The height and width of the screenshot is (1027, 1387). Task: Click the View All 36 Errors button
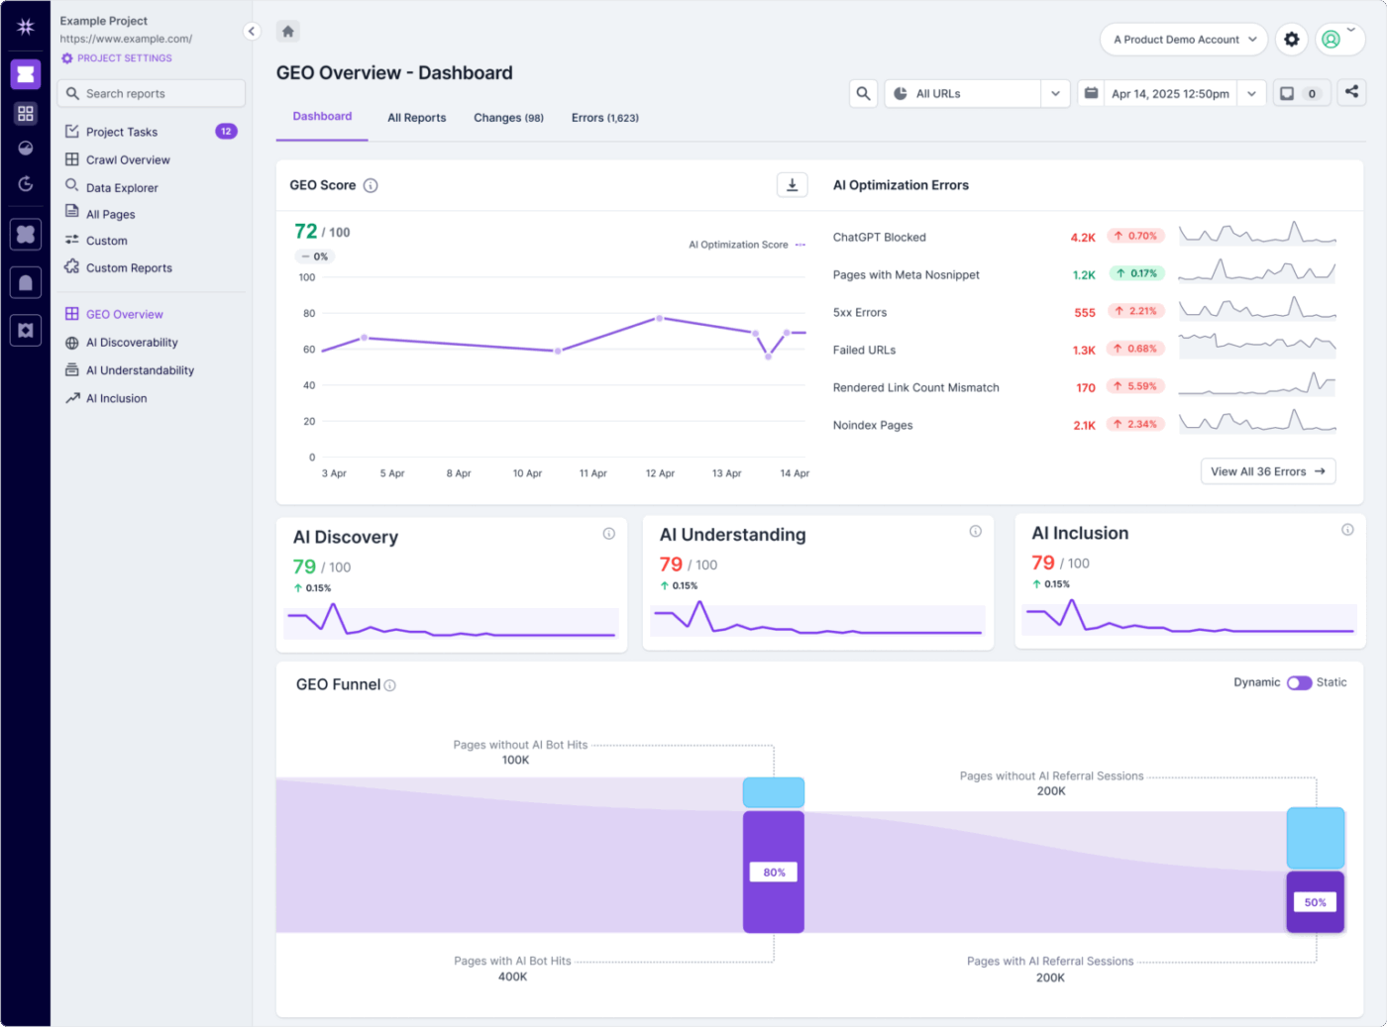coord(1267,471)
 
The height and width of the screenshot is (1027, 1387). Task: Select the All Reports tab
coord(416,118)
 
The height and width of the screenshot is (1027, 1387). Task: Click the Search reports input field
coord(152,93)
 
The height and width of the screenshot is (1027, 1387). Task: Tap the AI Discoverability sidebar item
coord(132,343)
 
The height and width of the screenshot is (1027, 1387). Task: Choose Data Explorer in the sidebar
coord(121,188)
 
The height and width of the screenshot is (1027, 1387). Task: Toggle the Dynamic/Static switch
coord(1299,682)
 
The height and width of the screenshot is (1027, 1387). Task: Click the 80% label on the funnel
coord(774,873)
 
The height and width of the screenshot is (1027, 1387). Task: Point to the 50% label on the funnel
coord(1315,902)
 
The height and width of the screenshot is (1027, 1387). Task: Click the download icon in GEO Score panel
coord(792,185)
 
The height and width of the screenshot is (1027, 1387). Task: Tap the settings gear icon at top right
coord(1291,40)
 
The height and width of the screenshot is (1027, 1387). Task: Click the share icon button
coord(1351,92)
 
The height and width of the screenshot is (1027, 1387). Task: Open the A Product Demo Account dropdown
coord(1184,40)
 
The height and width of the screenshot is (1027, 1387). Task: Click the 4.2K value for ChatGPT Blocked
coord(1082,238)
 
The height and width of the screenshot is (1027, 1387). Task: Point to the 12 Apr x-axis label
coord(660,473)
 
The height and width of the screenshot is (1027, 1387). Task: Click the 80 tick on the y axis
coord(309,314)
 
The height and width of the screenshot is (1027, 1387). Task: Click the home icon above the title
coord(288,32)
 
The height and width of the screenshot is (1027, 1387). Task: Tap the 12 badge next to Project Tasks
coord(226,132)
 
